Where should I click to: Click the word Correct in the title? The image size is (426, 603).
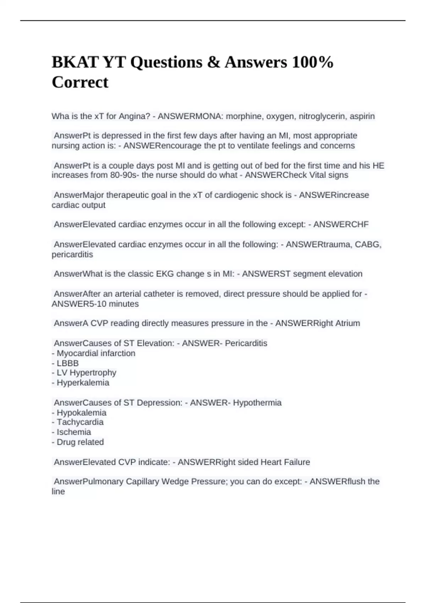[x=80, y=82]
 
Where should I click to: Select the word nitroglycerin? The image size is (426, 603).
[x=322, y=116]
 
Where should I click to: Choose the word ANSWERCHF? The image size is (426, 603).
[x=341, y=225]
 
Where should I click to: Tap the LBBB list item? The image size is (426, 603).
[x=67, y=363]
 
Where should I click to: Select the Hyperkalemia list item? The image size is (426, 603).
[x=83, y=383]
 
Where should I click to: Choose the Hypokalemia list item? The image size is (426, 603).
[x=81, y=413]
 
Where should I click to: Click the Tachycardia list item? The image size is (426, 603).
[x=80, y=422]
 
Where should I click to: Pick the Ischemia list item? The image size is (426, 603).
[x=73, y=432]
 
